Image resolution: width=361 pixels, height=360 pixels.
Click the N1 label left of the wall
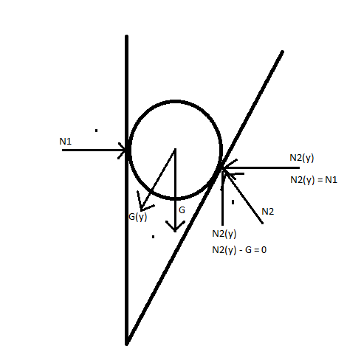[x=66, y=142]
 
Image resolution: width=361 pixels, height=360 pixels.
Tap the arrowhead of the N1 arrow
[x=123, y=150]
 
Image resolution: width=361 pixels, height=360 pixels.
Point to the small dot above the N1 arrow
[x=96, y=131]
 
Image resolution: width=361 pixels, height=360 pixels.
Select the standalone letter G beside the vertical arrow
[x=182, y=210]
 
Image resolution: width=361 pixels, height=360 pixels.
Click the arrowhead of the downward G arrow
[x=175, y=226]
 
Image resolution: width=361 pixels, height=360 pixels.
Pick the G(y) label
[x=138, y=217]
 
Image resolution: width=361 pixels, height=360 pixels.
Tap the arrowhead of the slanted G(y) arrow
[x=143, y=202]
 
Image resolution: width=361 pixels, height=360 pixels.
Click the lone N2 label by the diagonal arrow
[x=267, y=212]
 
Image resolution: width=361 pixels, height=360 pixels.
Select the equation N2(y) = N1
[x=314, y=180]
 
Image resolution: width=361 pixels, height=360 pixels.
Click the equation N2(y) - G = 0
[x=239, y=250]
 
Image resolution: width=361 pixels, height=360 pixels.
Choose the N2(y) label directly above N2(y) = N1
[x=302, y=158]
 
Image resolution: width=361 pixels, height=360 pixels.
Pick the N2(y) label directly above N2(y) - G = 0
[x=224, y=234]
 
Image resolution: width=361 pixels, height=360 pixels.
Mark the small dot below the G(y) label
[x=153, y=237]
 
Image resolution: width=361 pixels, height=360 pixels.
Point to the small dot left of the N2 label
[x=233, y=202]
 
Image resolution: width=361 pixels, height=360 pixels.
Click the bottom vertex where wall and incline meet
[x=127, y=344]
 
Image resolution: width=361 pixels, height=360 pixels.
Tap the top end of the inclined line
[x=283, y=52]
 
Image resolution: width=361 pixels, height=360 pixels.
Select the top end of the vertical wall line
[x=127, y=36]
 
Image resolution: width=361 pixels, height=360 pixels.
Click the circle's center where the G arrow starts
[x=175, y=149]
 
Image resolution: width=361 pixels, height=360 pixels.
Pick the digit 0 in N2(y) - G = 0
[x=264, y=250]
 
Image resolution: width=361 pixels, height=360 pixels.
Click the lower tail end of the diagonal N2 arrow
[x=262, y=223]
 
